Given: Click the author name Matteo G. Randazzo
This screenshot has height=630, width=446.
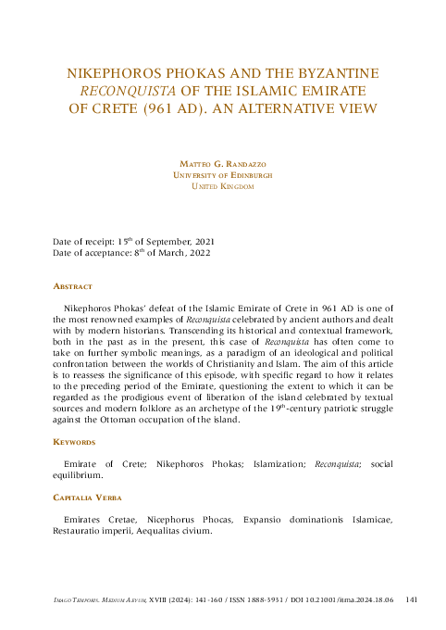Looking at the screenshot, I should pyautogui.click(x=222, y=164).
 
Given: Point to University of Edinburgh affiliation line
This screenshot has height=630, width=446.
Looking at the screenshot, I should pyautogui.click(x=222, y=175).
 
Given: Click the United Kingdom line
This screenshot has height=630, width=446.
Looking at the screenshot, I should pyautogui.click(x=222, y=186).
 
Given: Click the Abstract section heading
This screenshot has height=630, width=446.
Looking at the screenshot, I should pyautogui.click(x=73, y=287).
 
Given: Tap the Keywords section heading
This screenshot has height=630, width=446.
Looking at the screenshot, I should pyautogui.click(x=75, y=443).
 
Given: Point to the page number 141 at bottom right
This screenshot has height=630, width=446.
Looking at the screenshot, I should pyautogui.click(x=413, y=599).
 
